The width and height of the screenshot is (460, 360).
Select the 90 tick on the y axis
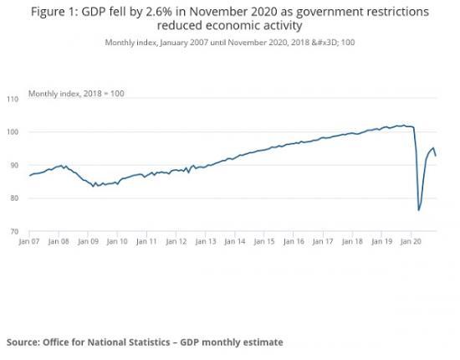[x=13, y=166]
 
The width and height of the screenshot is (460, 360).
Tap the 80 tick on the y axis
[x=13, y=198]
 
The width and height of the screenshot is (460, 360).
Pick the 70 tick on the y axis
[x=13, y=231]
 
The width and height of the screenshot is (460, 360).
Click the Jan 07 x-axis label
[x=29, y=241]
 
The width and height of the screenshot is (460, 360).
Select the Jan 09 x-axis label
[x=88, y=241]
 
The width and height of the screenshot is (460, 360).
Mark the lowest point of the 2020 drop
[x=418, y=210]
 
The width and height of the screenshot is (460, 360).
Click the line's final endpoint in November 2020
[x=436, y=156]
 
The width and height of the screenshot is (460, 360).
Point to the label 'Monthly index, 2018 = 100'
[x=76, y=93]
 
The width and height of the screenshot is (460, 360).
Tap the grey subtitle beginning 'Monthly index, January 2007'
[x=230, y=42]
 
